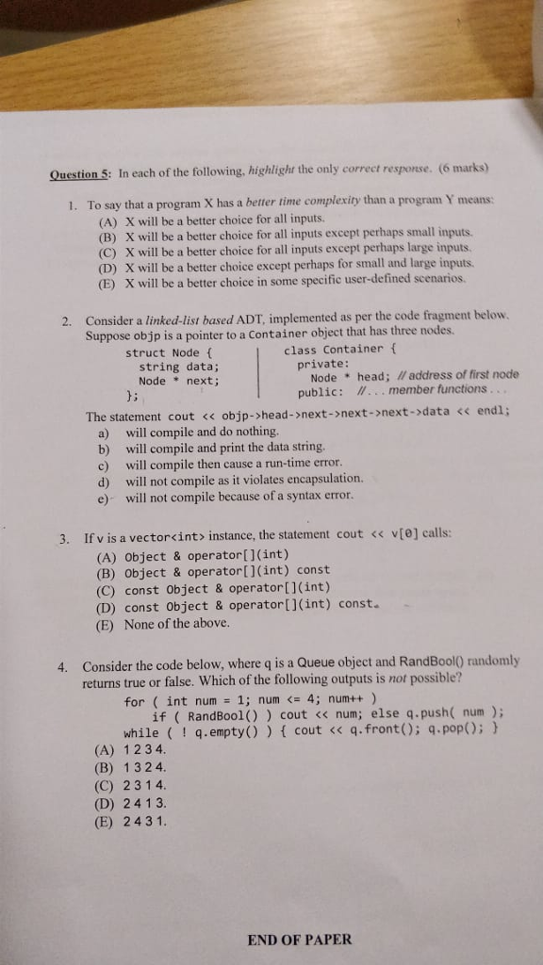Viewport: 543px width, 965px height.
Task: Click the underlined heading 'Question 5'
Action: (x=80, y=174)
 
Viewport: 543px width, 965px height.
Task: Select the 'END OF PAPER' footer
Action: (x=299, y=939)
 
